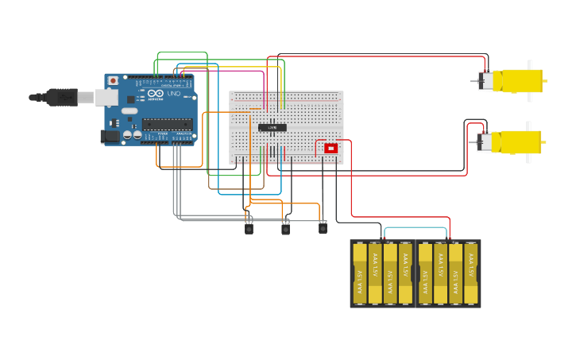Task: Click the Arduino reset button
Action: tap(113, 80)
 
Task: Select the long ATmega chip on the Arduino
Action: tap(167, 124)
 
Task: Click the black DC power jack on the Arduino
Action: tap(110, 137)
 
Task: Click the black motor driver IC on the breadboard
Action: tap(273, 127)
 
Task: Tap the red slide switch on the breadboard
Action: tap(331, 148)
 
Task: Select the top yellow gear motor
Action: tap(516, 80)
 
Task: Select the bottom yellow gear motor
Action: tap(516, 142)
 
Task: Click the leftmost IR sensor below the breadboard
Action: tap(249, 229)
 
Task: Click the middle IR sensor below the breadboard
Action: tap(285, 229)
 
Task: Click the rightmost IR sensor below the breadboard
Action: tap(323, 229)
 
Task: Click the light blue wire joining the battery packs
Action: tap(416, 228)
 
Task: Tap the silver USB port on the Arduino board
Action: tap(106, 97)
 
